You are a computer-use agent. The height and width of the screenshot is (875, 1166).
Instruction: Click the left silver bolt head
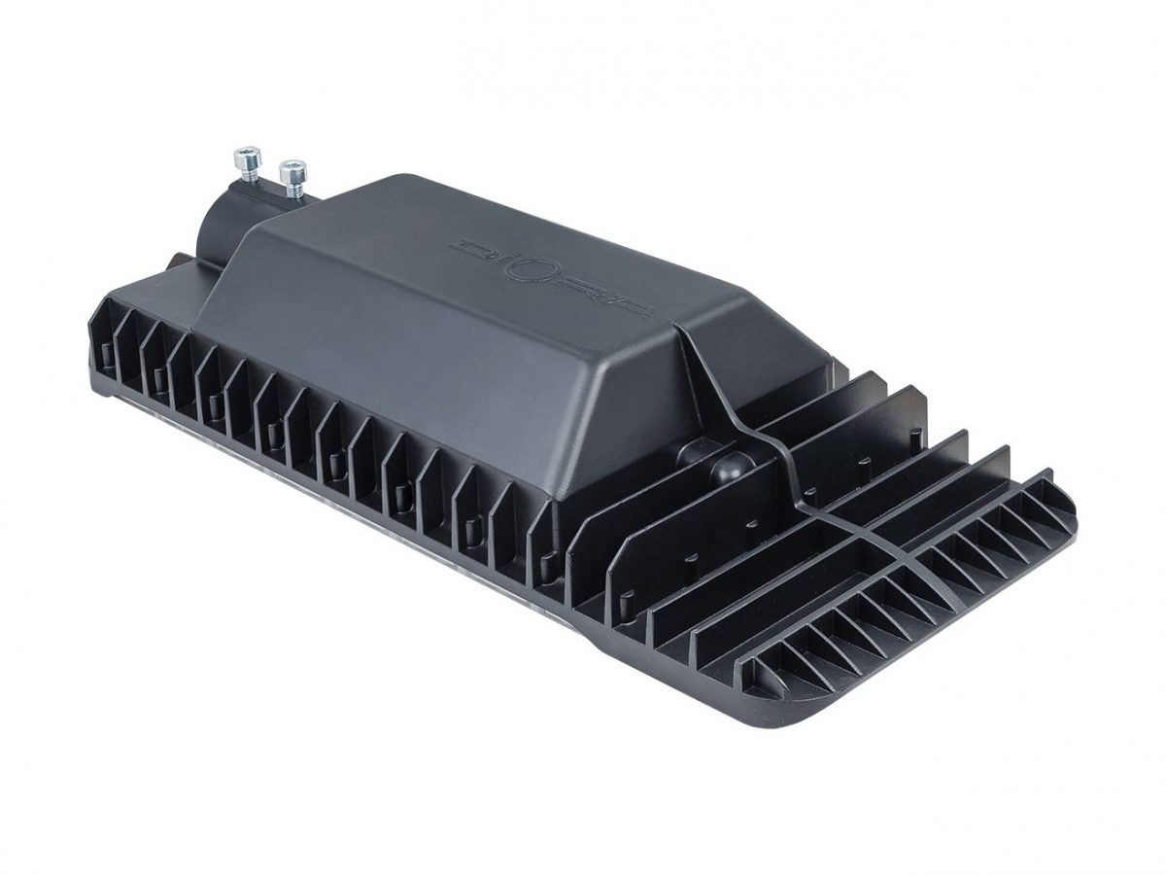[x=248, y=157]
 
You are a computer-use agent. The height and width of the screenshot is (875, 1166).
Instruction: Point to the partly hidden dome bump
[x=692, y=446]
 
